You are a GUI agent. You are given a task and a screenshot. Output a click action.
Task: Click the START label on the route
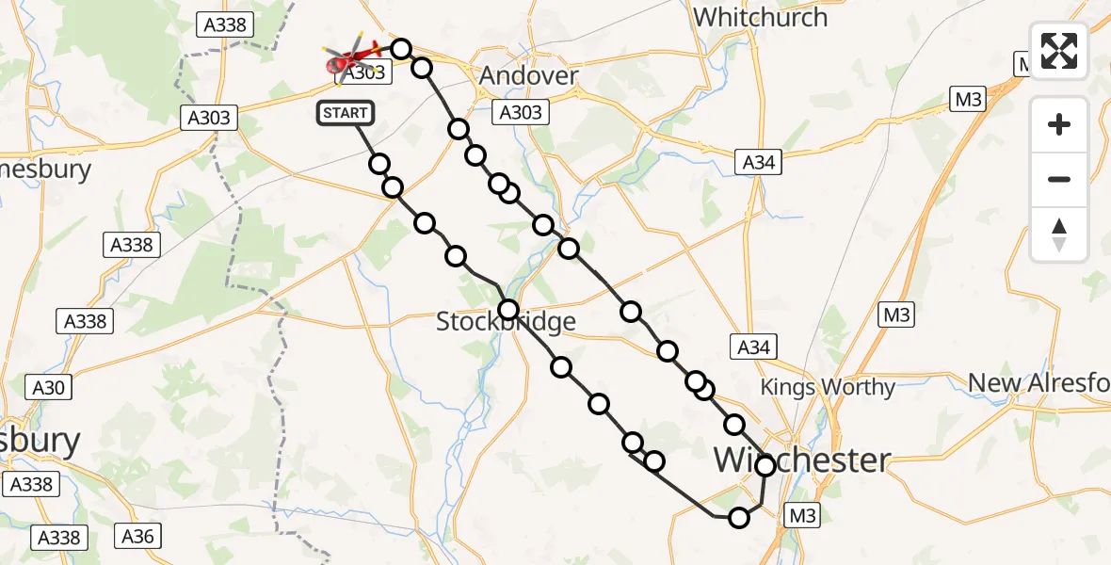point(346,113)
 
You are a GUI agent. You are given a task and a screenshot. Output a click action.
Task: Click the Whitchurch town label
point(760,17)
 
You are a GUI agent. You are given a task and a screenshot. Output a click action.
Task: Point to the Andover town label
point(528,76)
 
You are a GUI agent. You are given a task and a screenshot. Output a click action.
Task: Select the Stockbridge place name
point(506,323)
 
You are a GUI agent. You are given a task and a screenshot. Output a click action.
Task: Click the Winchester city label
point(802,460)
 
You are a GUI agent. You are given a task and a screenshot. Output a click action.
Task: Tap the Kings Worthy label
point(828,387)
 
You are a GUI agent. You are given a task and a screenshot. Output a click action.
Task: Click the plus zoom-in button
point(1059,124)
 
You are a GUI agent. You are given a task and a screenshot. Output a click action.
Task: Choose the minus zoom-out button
point(1059,179)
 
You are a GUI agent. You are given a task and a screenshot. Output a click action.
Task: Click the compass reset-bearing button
point(1059,234)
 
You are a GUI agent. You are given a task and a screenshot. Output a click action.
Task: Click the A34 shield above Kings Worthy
point(754,347)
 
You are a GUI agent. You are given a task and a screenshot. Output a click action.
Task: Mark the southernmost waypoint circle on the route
point(739,517)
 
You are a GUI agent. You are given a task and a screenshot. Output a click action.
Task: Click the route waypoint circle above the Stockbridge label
point(508,309)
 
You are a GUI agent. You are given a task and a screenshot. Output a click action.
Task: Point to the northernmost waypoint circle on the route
point(401,49)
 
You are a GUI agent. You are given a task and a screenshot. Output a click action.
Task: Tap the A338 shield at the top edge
point(226,24)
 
